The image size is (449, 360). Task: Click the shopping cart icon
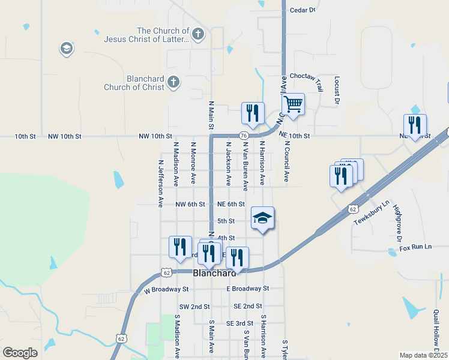[x=293, y=104]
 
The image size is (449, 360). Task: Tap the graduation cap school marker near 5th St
[x=262, y=218]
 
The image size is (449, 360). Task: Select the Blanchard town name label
[x=214, y=272]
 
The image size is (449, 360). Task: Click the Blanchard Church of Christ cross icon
[x=173, y=83]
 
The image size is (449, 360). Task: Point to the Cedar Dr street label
[x=303, y=10]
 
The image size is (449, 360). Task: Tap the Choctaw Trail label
[x=306, y=76]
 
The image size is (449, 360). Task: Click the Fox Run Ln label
[x=415, y=247]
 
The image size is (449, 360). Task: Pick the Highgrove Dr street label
[x=397, y=218]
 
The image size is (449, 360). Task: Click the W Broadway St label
[x=166, y=289]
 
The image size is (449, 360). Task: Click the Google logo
[x=20, y=353]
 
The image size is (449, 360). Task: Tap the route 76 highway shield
[x=244, y=136]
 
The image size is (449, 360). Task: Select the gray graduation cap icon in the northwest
[x=67, y=49]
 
